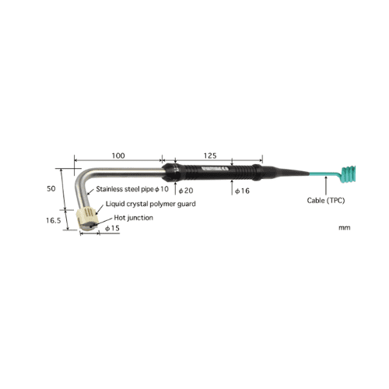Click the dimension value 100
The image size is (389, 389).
coord(118,156)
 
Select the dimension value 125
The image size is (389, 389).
coord(210,156)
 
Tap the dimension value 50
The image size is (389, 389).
coord(51,188)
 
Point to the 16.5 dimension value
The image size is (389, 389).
coord(54,220)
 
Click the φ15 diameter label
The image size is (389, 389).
coord(112,228)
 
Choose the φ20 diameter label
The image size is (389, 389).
coord(186,191)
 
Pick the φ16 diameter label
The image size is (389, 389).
coord(242,191)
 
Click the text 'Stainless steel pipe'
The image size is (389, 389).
coord(124,189)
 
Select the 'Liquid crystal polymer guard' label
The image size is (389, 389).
coord(151,204)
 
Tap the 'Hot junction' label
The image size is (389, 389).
coord(134,218)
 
